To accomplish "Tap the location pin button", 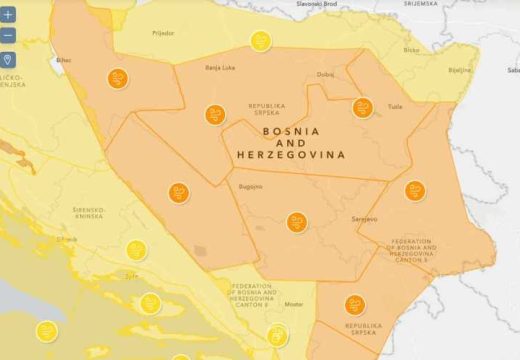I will [x=8, y=60].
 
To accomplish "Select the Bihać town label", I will [x=64, y=60].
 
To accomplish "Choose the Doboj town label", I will [x=326, y=74].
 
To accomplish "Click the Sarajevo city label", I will [x=366, y=217].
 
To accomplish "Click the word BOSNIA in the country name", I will [x=291, y=131].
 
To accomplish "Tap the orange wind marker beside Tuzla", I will [x=362, y=107].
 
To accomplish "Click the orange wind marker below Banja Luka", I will [x=215, y=114].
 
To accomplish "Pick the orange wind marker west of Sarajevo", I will [x=296, y=222].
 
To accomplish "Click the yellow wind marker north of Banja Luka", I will [x=260, y=42].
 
